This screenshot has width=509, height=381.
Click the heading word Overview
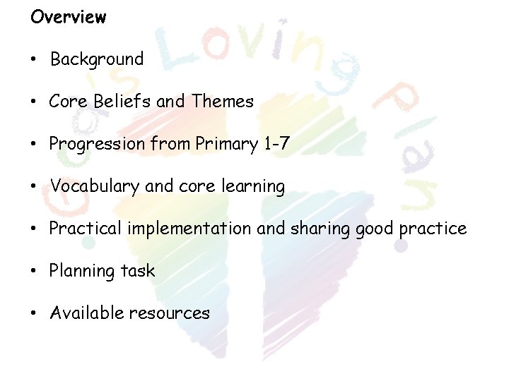68,17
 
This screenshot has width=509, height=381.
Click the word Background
96,59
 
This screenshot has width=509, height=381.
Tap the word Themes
222,102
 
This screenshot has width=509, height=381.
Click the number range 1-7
276,144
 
